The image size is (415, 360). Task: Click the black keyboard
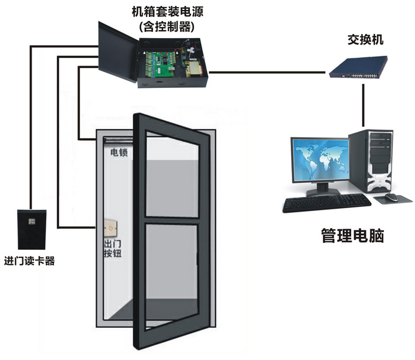[x=325, y=203]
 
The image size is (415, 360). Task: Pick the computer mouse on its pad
[x=392, y=198]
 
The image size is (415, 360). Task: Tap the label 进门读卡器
[x=29, y=261]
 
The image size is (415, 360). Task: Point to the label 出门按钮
[x=112, y=249]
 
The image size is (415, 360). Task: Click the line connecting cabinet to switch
[x=267, y=72]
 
